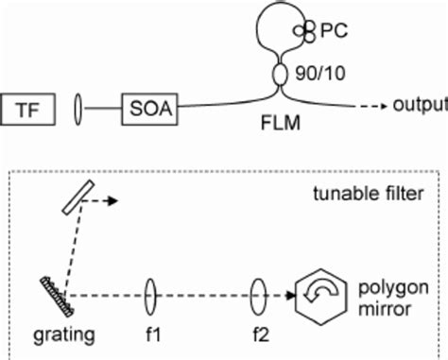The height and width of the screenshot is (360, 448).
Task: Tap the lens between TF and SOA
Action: click(78, 109)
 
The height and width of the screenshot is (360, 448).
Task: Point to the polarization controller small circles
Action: click(304, 32)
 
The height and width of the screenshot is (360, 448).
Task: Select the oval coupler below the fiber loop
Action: click(281, 75)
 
